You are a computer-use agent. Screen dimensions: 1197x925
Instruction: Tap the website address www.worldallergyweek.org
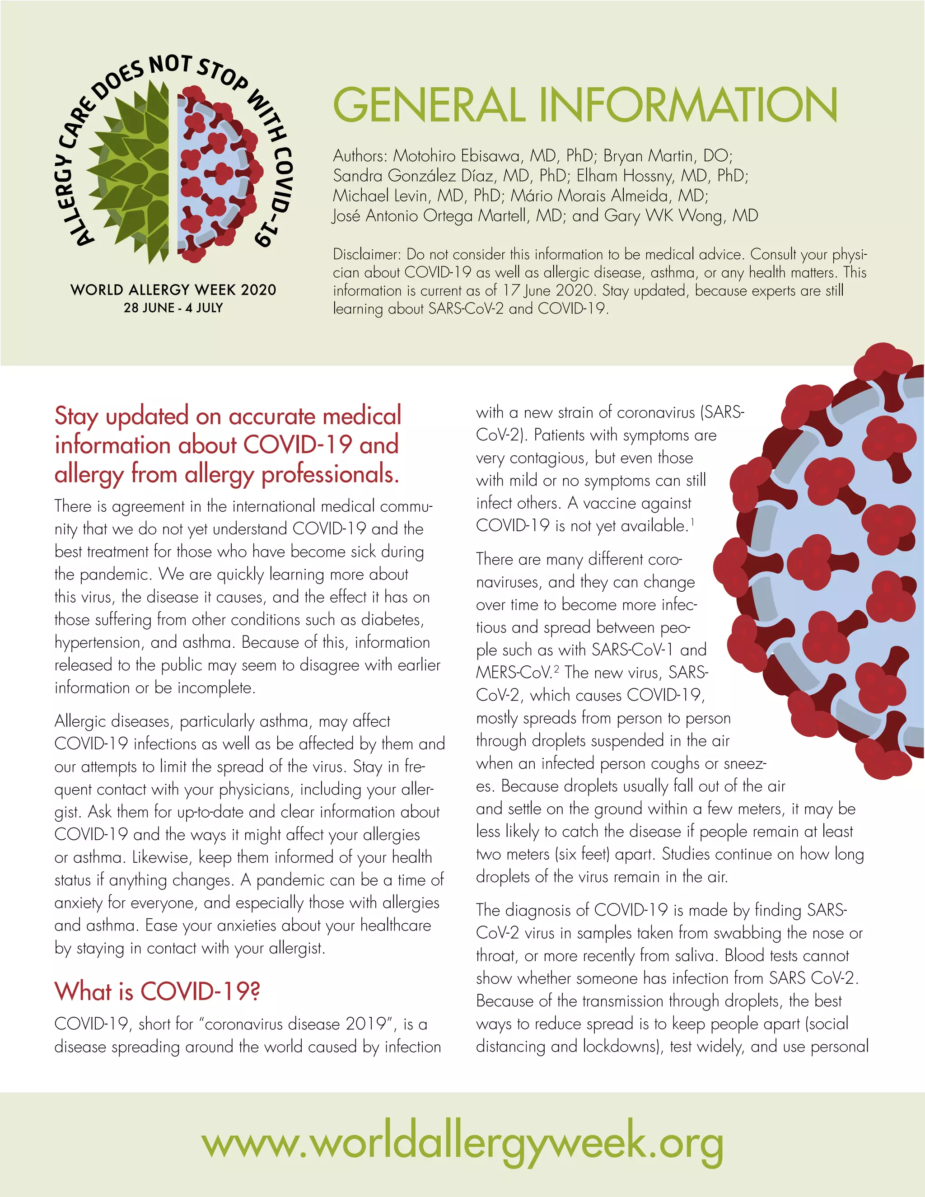pyautogui.click(x=462, y=1143)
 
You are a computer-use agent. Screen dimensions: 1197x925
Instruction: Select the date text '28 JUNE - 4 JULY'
pyautogui.click(x=173, y=308)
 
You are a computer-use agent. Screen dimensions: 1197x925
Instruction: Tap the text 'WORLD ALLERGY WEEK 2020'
pyautogui.click(x=173, y=290)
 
